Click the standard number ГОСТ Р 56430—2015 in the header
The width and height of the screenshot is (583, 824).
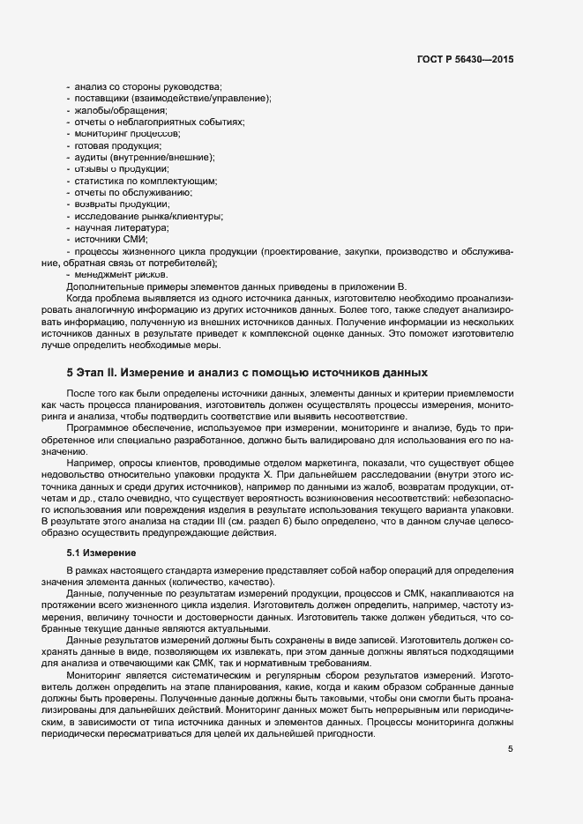465,60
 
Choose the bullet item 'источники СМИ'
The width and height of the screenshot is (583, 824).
111,239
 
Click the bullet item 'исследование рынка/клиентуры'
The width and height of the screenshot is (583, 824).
148,216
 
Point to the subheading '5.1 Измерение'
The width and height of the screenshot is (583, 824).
101,553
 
